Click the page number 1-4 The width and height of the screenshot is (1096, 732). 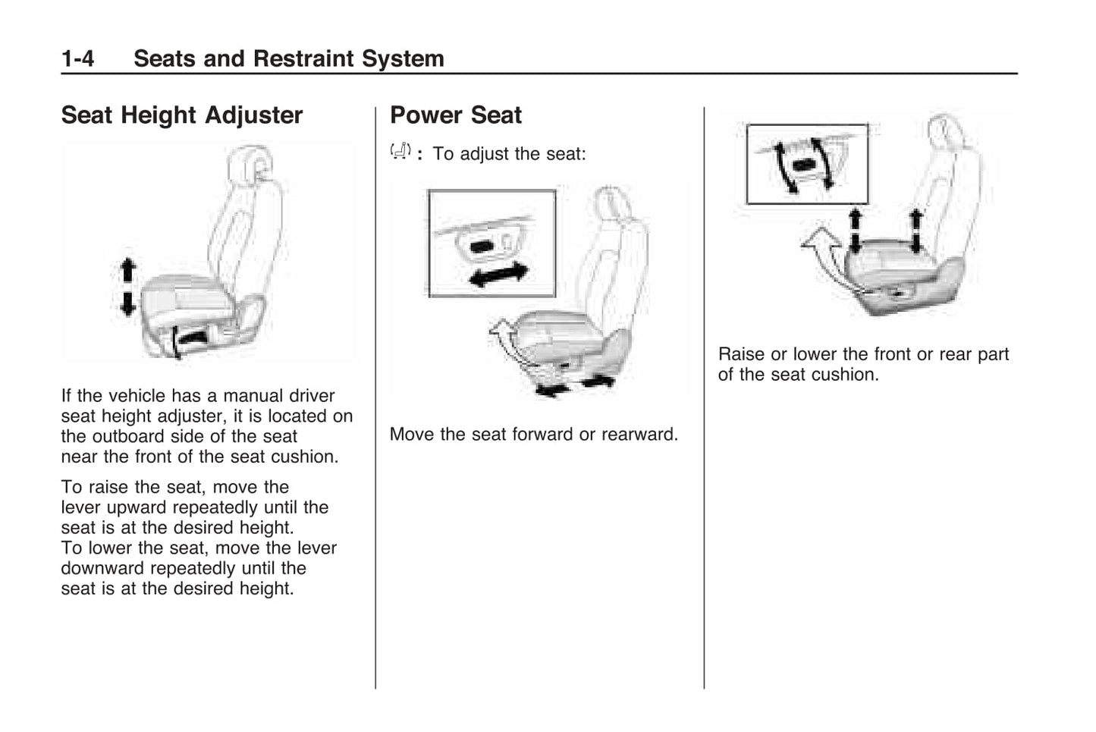point(77,58)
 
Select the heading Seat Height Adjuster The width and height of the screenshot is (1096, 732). point(181,115)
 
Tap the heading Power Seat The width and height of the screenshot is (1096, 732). point(455,115)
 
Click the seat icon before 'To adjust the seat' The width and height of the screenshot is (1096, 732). point(400,152)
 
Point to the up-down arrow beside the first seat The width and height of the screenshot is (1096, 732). point(127,287)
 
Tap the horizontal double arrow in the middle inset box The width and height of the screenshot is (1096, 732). point(498,275)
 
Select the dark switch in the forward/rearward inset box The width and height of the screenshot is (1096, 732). point(482,247)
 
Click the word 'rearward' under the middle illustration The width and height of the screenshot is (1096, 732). point(639,434)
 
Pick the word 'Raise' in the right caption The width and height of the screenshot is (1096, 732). point(741,354)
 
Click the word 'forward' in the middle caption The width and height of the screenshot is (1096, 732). point(542,434)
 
